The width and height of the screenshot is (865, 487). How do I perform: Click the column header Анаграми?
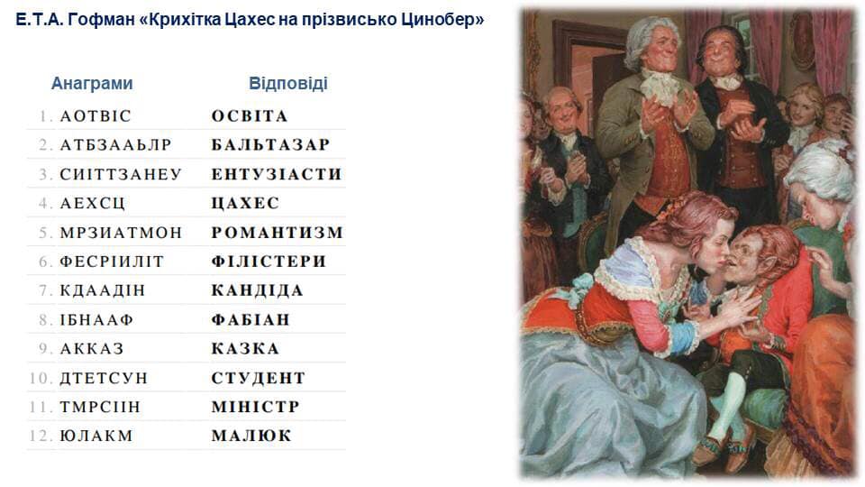92,84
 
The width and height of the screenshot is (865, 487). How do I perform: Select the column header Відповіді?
288,84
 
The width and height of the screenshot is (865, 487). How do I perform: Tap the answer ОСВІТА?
250,116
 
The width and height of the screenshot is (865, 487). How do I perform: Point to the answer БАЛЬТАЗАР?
270,145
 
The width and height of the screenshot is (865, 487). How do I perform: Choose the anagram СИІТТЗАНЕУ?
121,174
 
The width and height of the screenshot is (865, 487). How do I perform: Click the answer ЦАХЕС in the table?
245,203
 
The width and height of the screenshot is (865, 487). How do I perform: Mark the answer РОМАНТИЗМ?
278,233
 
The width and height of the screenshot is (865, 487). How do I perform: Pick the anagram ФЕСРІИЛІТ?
112,262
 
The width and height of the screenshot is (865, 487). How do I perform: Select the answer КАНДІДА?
258,290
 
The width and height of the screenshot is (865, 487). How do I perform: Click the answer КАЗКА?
245,349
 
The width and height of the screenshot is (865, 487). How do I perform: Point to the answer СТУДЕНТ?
259,378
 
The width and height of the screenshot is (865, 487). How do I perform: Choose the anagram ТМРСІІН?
100,407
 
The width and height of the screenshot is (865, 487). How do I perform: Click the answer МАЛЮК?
251,436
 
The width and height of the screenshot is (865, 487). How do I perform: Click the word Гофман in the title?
102,20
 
